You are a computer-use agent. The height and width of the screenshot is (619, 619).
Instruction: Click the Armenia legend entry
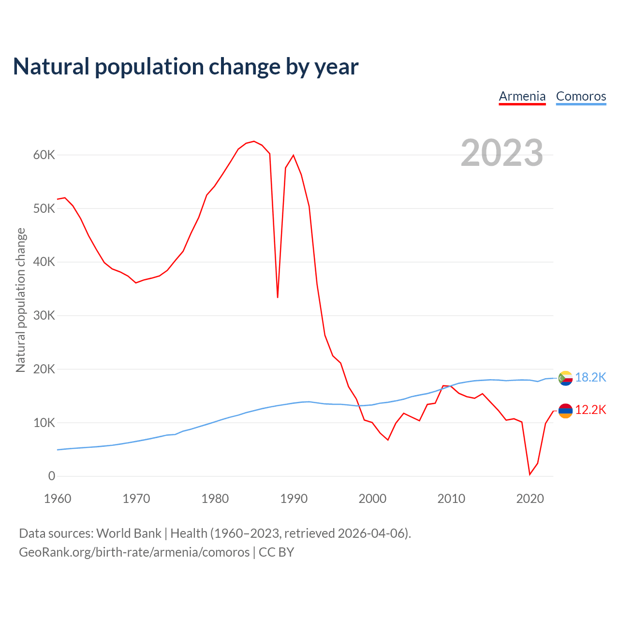[x=522, y=96]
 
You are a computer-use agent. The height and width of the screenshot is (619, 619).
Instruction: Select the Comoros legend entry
[x=581, y=96]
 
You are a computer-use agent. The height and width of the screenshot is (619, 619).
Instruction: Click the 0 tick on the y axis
[x=52, y=476]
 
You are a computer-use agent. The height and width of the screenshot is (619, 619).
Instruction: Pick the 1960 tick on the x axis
[x=58, y=499]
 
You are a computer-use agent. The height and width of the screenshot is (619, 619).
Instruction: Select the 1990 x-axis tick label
[x=294, y=499]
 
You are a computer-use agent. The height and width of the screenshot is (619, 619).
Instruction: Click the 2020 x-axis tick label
[x=530, y=499]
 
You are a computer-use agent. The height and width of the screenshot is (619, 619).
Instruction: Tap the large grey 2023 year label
[x=501, y=153]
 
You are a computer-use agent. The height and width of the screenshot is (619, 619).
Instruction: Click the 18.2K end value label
[x=590, y=378]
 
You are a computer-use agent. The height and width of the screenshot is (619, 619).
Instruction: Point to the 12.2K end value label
[x=590, y=410]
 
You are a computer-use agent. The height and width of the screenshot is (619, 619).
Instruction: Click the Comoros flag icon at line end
[x=565, y=378]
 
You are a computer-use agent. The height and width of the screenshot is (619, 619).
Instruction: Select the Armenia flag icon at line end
[x=565, y=411]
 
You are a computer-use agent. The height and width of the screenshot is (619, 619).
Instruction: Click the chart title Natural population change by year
[x=186, y=67]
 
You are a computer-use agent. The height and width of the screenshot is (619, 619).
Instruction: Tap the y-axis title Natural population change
[x=21, y=300]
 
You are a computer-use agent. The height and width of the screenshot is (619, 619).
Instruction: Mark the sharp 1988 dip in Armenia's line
[x=278, y=297]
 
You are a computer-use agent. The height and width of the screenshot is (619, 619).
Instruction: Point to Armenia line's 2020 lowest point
[x=530, y=474]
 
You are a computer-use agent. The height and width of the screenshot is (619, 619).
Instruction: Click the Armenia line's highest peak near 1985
[x=254, y=141]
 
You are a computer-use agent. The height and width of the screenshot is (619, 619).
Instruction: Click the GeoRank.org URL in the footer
[x=134, y=552]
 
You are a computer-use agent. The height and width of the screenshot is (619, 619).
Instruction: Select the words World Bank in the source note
[x=129, y=533]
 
